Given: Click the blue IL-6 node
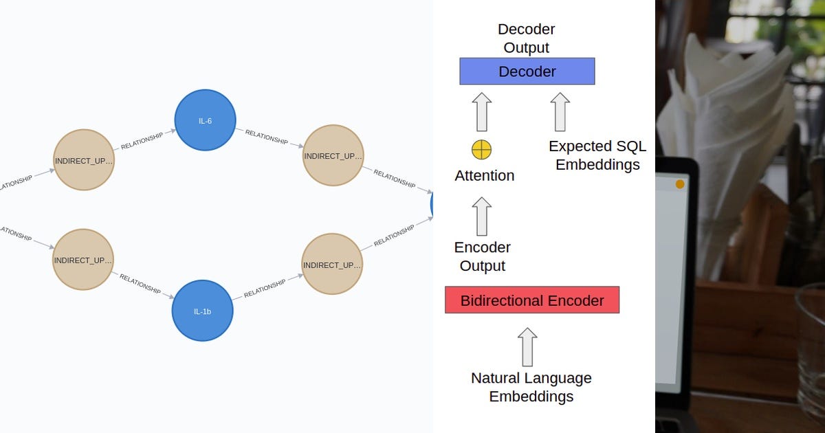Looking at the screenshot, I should point(205,120).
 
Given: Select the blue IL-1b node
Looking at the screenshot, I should point(202,311).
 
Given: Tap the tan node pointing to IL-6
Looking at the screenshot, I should point(83,160).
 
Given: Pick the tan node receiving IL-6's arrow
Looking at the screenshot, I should point(333,155).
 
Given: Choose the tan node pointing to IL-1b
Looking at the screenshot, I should point(82,260).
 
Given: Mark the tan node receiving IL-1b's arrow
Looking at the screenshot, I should point(332,265).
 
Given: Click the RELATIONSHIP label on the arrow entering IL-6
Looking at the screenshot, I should point(142,141).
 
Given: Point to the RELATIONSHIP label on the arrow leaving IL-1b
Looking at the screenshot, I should point(264,289).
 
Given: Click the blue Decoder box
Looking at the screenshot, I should point(527,71).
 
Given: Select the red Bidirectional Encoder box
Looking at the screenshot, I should point(532,300).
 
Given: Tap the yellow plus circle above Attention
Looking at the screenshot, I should point(481,149).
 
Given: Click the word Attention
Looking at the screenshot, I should point(484,176).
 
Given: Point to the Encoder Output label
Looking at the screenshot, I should point(483,256).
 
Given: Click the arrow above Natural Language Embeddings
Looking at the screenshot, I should point(527,346).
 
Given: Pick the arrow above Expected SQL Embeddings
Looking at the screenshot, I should point(560,111).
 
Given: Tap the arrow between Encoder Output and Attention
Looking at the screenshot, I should point(482,216).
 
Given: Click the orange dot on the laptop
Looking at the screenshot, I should point(680,184).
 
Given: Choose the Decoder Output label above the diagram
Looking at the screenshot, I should point(526,38).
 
